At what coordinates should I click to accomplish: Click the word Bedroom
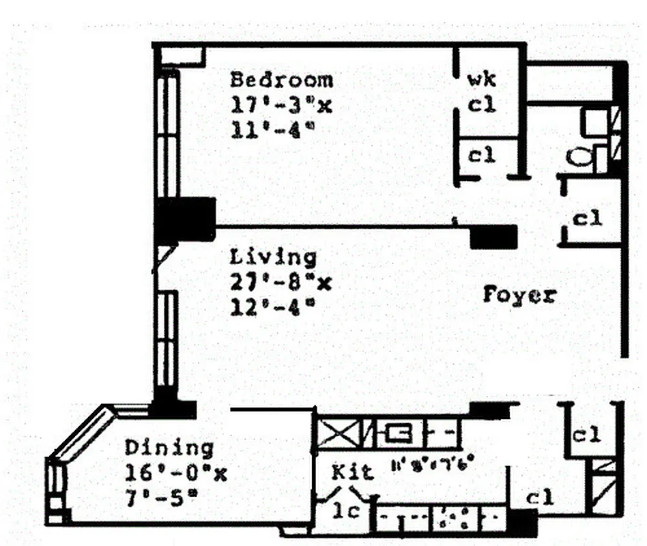pos(281,80)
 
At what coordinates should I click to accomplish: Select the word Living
pos(273,258)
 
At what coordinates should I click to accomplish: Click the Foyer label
pos(519,296)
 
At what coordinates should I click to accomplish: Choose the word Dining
pos(169,448)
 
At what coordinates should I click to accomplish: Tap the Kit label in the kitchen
pos(352,472)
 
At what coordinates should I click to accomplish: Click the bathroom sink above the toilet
pos(592,122)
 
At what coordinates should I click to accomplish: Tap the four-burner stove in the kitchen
pos(452,517)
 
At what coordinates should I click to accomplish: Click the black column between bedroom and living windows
pos(185,219)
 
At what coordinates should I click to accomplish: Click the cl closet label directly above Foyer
pos(586,219)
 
